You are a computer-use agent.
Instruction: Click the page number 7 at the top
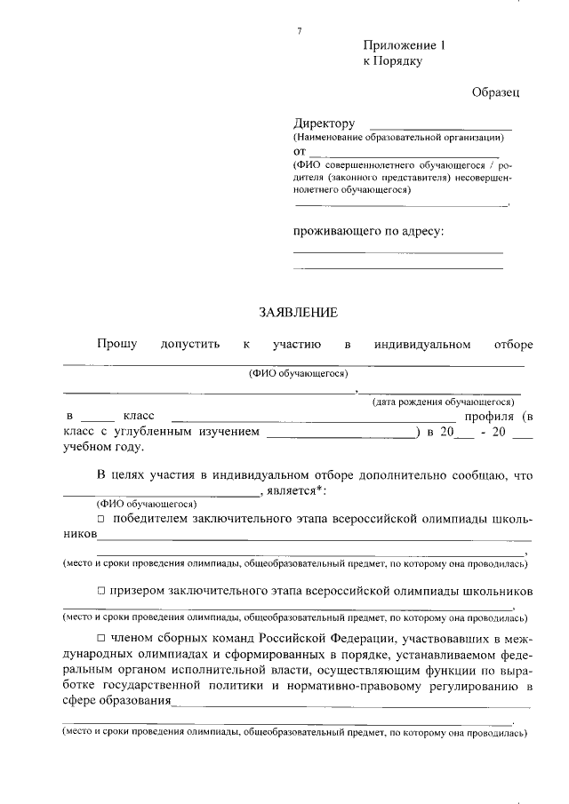point(300,32)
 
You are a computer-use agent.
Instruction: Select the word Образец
point(495,92)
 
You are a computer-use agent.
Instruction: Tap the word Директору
point(325,123)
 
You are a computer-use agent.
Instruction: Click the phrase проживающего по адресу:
point(369,231)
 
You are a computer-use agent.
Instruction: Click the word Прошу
point(117,344)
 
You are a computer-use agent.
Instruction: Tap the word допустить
point(189,344)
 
